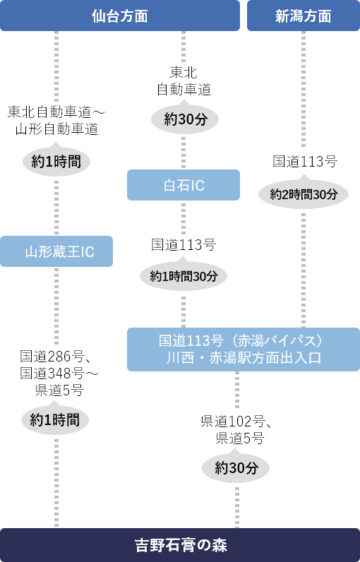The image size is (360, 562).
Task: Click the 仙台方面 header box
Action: pos(120,16)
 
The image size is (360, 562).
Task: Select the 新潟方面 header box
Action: pos(303,16)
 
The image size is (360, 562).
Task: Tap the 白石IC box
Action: pos(184,185)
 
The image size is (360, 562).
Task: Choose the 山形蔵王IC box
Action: pos(56,251)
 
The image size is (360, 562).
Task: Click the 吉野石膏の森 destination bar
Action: pos(180,545)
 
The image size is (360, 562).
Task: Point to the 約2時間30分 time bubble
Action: pos(304,194)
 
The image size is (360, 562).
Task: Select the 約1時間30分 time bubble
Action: pos(184,276)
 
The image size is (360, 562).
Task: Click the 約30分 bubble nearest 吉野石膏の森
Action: pos(236,467)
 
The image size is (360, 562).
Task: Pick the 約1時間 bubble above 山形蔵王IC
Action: pos(56,162)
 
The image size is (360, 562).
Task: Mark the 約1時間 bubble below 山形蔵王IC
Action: pos(56,420)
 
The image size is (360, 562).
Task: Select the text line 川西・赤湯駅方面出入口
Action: pos(244,358)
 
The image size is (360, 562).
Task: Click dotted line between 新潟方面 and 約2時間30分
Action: pos(304,88)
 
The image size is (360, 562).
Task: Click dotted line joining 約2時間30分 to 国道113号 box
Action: pos(304,268)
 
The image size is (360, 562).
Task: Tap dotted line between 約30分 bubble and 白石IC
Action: pos(184,153)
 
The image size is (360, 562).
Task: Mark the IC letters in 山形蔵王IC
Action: pos(86,251)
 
